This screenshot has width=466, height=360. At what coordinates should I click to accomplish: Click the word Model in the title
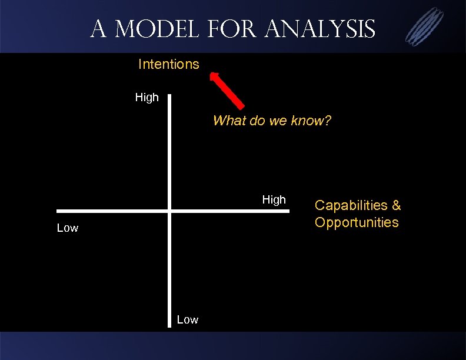point(151,28)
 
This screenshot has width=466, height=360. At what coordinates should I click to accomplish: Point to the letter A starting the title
point(98,28)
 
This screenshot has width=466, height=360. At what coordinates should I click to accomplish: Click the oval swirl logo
point(425,26)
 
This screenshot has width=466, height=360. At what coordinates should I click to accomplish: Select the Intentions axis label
point(168,64)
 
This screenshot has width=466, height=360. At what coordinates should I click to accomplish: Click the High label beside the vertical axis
point(147,98)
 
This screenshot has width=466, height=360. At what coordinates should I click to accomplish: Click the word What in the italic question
point(227,121)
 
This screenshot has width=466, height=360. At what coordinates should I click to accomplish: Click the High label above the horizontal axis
point(274,200)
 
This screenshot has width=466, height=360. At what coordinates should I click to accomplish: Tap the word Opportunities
point(357,222)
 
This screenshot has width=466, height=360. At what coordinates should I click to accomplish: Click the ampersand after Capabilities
point(396,205)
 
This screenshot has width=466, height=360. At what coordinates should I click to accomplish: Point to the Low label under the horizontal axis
point(67,228)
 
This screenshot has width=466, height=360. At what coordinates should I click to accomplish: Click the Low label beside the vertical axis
point(188,320)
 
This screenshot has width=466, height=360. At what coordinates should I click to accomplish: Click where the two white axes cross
point(169,211)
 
